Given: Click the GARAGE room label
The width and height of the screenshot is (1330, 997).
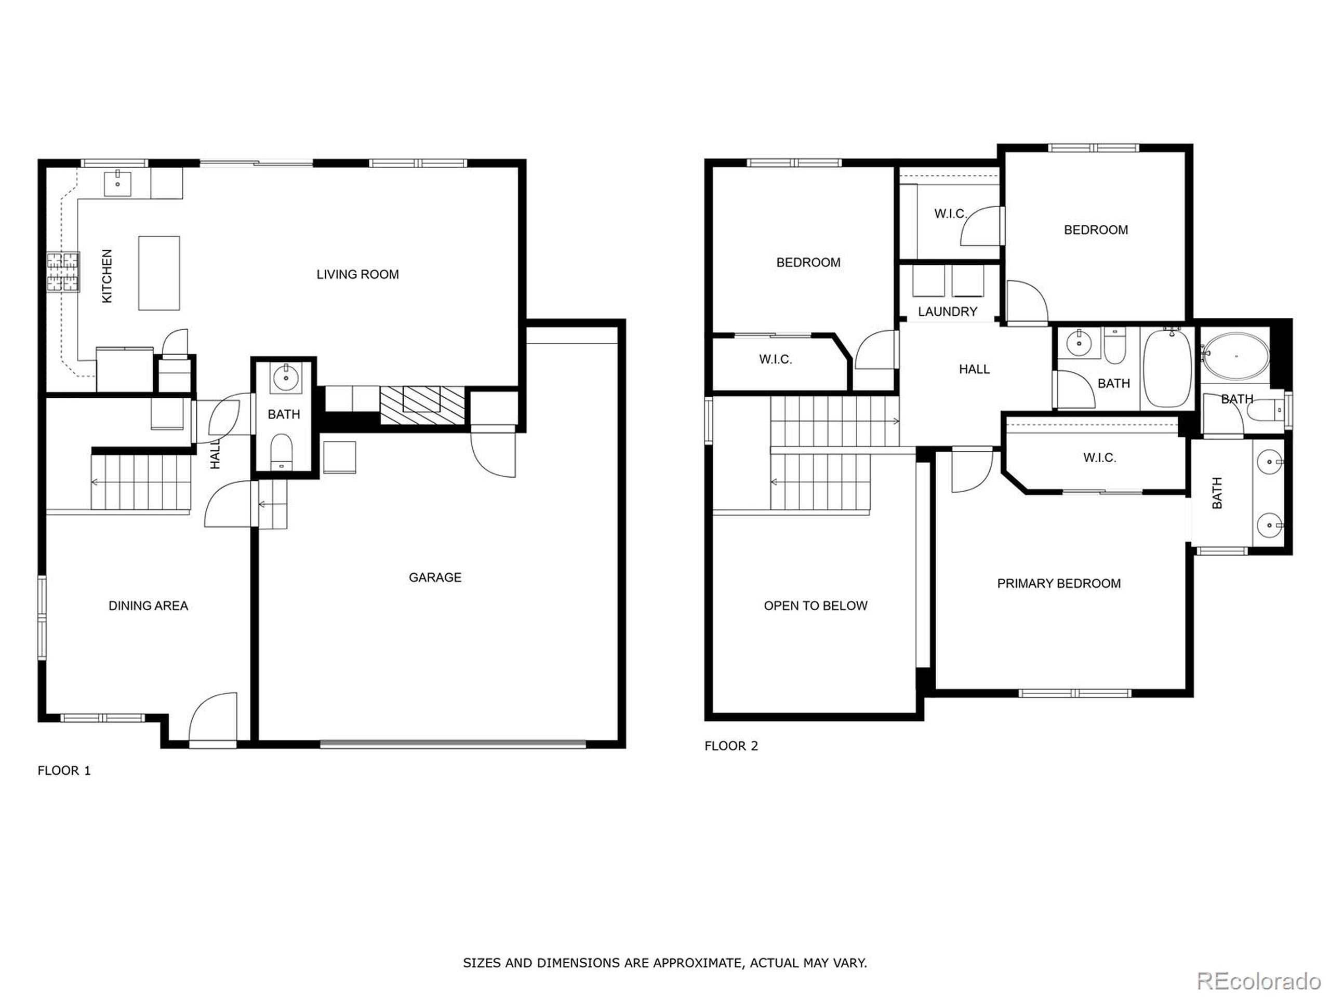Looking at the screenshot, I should click(x=435, y=577).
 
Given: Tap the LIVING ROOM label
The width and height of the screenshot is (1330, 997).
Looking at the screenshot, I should click(x=358, y=275).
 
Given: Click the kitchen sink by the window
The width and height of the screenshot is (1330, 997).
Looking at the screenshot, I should click(x=118, y=183).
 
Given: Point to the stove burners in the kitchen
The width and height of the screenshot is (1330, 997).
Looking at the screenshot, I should click(x=63, y=272).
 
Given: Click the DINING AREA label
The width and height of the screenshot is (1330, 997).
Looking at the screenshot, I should click(x=148, y=606).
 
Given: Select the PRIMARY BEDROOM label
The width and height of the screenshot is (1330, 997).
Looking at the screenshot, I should click(x=1059, y=584).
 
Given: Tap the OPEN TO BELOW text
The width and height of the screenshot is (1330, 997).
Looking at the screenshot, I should click(x=815, y=606).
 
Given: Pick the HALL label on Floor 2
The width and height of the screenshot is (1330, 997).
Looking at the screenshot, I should click(x=974, y=370).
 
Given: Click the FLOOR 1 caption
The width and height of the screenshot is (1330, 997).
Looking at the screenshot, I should click(x=64, y=771).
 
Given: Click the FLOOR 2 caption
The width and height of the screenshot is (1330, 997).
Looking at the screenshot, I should click(x=731, y=746).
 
